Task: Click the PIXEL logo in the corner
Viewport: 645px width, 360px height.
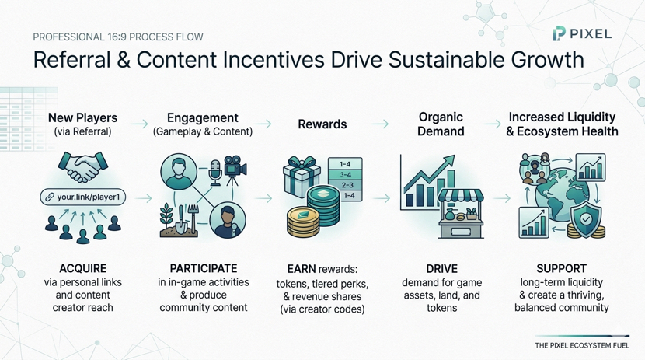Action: click(x=582, y=33)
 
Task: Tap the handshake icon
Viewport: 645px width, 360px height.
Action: click(x=82, y=166)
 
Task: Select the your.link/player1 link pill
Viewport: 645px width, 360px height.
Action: click(x=82, y=197)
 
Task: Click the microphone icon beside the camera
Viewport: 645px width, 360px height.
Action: click(x=215, y=173)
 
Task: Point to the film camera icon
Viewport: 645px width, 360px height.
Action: click(x=235, y=170)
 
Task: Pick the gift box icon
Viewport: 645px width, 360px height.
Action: click(x=302, y=176)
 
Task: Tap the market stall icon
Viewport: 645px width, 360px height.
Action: click(x=461, y=214)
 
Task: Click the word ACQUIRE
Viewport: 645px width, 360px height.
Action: click(x=82, y=269)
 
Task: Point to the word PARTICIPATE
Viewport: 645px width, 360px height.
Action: click(x=204, y=269)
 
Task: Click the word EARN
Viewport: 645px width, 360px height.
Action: click(x=302, y=269)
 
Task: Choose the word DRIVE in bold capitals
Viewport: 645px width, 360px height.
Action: click(x=442, y=269)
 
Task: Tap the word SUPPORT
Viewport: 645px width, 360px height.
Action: click(x=562, y=269)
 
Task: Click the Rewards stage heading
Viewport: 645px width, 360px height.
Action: click(x=322, y=124)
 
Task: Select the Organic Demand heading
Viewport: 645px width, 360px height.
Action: click(x=441, y=124)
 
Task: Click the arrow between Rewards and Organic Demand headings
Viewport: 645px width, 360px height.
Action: click(x=380, y=124)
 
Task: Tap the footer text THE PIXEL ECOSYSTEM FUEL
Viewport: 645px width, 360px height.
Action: click(x=582, y=345)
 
